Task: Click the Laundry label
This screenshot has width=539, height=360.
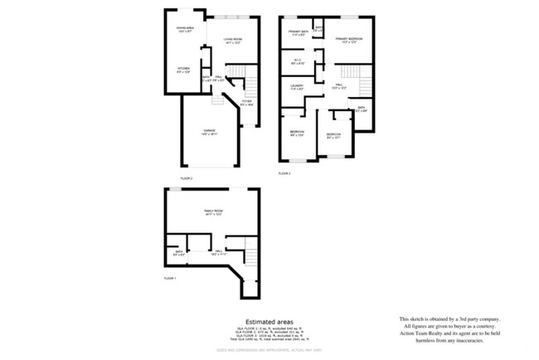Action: click(x=297, y=86)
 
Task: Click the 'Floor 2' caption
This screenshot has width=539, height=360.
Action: click(x=187, y=178)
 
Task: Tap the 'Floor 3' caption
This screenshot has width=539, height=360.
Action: click(x=284, y=173)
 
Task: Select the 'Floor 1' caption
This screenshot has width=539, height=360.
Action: click(x=170, y=277)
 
